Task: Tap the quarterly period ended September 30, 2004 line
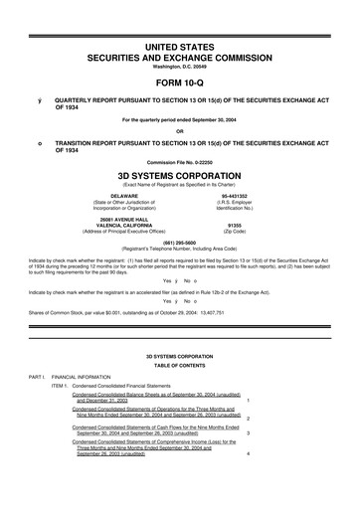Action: (180, 120)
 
